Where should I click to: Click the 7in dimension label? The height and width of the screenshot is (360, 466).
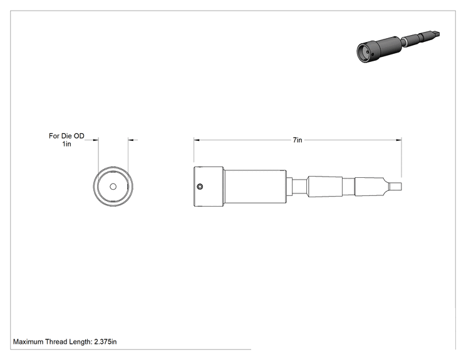298,140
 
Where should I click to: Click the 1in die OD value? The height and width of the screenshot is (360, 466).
66,144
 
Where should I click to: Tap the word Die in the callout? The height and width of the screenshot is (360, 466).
66,136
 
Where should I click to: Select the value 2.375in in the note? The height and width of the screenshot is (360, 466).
105,342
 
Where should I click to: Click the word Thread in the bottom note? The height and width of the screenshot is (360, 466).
56,342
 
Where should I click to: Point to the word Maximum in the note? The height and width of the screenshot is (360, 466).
28,342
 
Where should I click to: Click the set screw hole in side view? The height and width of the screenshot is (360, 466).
200,187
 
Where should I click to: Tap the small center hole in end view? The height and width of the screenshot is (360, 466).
113,187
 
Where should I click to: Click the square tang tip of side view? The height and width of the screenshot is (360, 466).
396,187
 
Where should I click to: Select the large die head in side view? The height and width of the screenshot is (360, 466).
209,187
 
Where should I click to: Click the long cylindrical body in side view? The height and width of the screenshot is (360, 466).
256,187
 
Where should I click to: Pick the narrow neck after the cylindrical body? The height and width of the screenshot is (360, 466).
299,187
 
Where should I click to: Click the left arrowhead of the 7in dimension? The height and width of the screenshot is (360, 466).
197,140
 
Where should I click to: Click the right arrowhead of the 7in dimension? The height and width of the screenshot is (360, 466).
399,140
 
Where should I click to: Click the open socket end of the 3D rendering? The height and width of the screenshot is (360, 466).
365,53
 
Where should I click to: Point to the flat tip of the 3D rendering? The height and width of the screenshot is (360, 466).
436,35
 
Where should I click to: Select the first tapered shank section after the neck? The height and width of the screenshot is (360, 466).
325,187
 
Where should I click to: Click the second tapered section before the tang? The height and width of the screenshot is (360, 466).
370,187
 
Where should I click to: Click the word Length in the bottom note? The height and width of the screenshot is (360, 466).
81,342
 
